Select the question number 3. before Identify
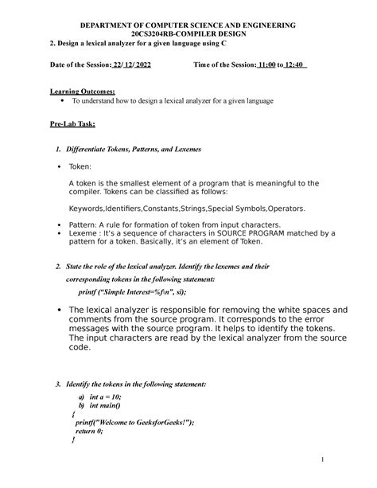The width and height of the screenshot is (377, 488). click(x=58, y=384)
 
